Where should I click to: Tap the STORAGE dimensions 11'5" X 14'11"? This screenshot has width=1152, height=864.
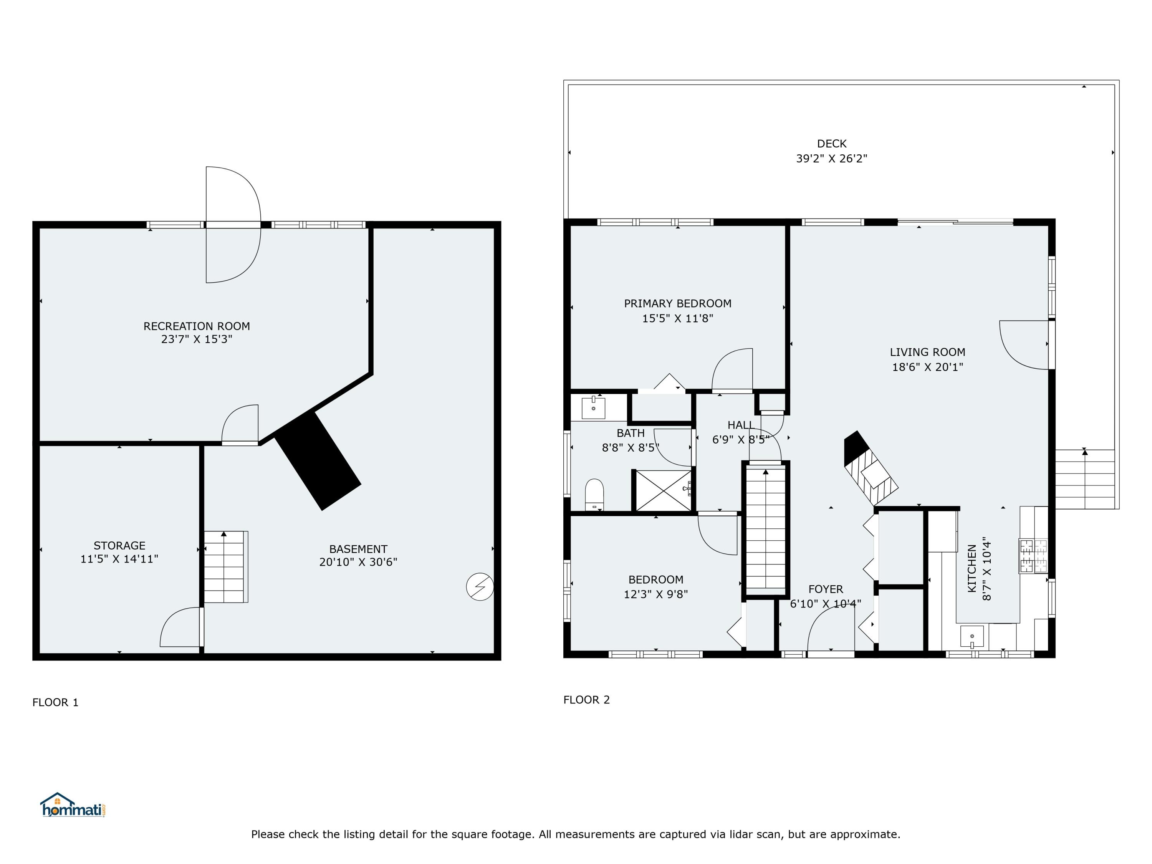[119, 559]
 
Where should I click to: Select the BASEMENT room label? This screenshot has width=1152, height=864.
[358, 549]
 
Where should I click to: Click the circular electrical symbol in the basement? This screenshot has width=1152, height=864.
[480, 587]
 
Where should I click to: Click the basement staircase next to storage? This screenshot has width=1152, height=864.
[225, 567]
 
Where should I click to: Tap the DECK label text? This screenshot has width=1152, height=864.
[831, 144]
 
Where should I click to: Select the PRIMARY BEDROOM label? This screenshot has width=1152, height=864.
[677, 304]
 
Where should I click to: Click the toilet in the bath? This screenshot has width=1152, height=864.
[594, 494]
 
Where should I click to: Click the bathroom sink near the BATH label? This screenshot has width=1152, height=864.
[593, 408]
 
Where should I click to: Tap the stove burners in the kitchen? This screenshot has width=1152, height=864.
[1033, 556]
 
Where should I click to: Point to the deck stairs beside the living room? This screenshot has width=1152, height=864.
[1085, 479]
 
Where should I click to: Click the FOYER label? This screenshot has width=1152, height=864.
[826, 589]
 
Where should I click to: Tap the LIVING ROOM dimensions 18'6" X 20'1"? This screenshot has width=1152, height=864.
[927, 367]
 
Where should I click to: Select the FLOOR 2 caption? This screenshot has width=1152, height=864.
[586, 700]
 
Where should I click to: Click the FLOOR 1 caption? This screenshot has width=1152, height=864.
[55, 703]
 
